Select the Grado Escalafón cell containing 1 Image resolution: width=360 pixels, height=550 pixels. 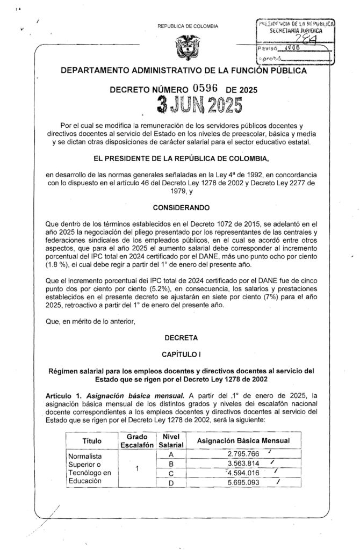pos(137,468)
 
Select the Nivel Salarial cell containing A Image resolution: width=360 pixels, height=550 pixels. pos(170,454)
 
